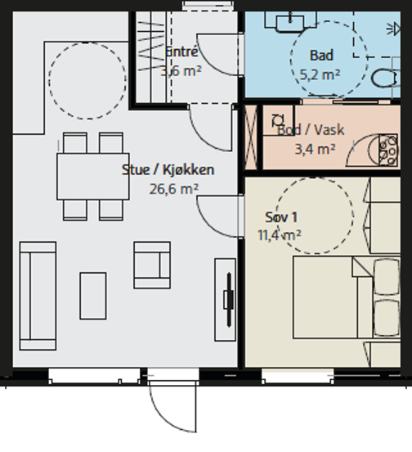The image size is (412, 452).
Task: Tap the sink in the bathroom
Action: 290,22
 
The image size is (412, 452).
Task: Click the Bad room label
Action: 321,56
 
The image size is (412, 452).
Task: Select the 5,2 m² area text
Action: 320,75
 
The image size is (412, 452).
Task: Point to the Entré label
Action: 182,52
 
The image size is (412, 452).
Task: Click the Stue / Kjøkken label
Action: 168,170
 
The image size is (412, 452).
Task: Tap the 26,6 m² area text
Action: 174,189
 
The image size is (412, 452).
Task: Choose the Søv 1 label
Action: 281,217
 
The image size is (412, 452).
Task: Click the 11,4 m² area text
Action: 280,235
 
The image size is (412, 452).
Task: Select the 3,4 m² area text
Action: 315,149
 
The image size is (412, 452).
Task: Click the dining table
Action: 93,177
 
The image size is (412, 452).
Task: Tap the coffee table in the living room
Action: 93,296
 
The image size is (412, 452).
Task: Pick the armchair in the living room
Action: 152,265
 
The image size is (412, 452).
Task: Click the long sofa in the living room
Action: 38,296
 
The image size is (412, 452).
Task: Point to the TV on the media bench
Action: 229,300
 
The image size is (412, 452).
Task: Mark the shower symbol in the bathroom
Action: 393,29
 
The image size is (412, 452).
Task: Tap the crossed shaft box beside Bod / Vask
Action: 250,137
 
